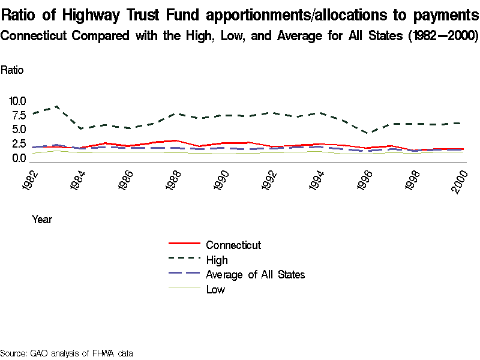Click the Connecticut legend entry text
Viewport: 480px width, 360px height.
point(233,245)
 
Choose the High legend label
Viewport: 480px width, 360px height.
point(217,260)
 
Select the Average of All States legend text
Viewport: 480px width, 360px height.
point(256,275)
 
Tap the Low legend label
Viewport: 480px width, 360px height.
point(215,290)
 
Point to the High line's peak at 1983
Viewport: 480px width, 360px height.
point(56,106)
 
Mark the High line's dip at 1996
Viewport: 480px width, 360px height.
point(369,133)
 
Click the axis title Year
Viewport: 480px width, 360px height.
point(42,220)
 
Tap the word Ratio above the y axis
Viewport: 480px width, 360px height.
point(12,70)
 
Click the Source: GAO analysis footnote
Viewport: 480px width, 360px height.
point(66,353)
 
